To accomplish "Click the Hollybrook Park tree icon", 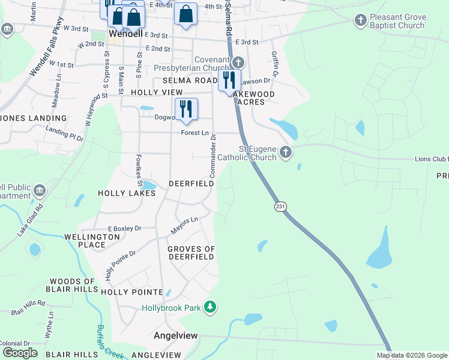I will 210,308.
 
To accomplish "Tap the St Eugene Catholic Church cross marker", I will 286,152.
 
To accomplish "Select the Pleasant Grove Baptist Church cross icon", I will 360,20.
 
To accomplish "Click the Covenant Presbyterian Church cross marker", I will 238,62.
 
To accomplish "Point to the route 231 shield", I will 280,206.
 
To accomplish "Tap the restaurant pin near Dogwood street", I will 186,109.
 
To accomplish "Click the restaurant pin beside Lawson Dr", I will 229,80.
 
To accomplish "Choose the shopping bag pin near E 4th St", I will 185,13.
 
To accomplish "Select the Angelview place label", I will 176,335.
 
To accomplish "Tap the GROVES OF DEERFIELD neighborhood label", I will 191,253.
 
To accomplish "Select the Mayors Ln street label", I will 185,224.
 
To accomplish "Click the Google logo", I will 20,353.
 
